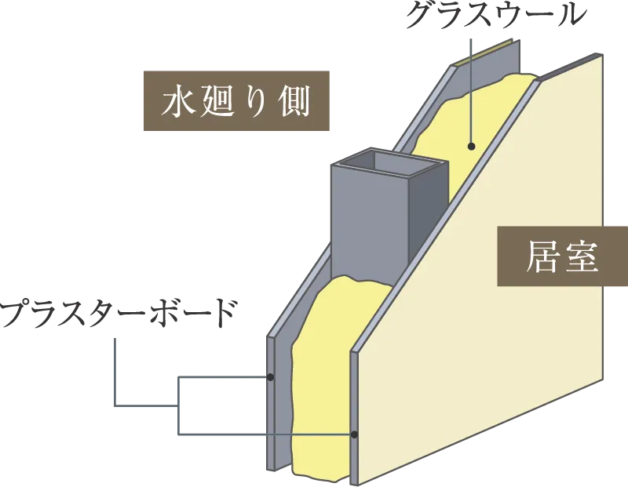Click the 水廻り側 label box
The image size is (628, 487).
[235, 101]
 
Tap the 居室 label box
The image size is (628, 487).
[562, 258]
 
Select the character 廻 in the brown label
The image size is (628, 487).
[217, 102]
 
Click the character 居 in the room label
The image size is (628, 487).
[541, 258]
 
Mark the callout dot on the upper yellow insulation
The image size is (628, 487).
[472, 146]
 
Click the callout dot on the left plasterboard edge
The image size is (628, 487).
[270, 377]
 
